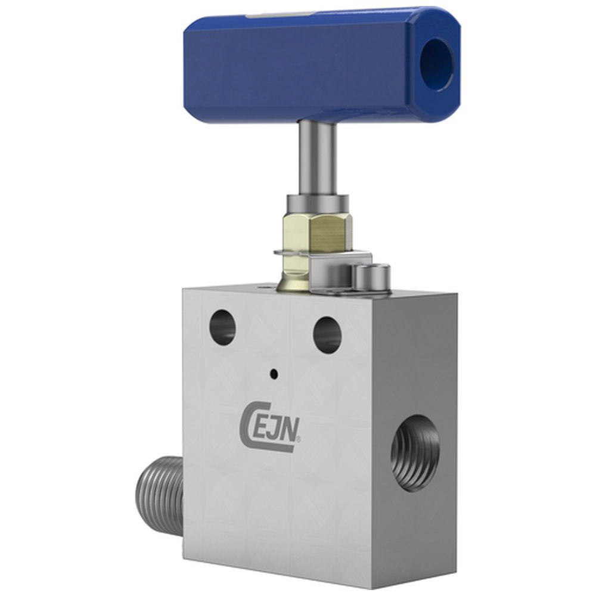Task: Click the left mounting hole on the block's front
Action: (222, 327)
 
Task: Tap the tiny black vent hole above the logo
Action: (274, 374)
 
